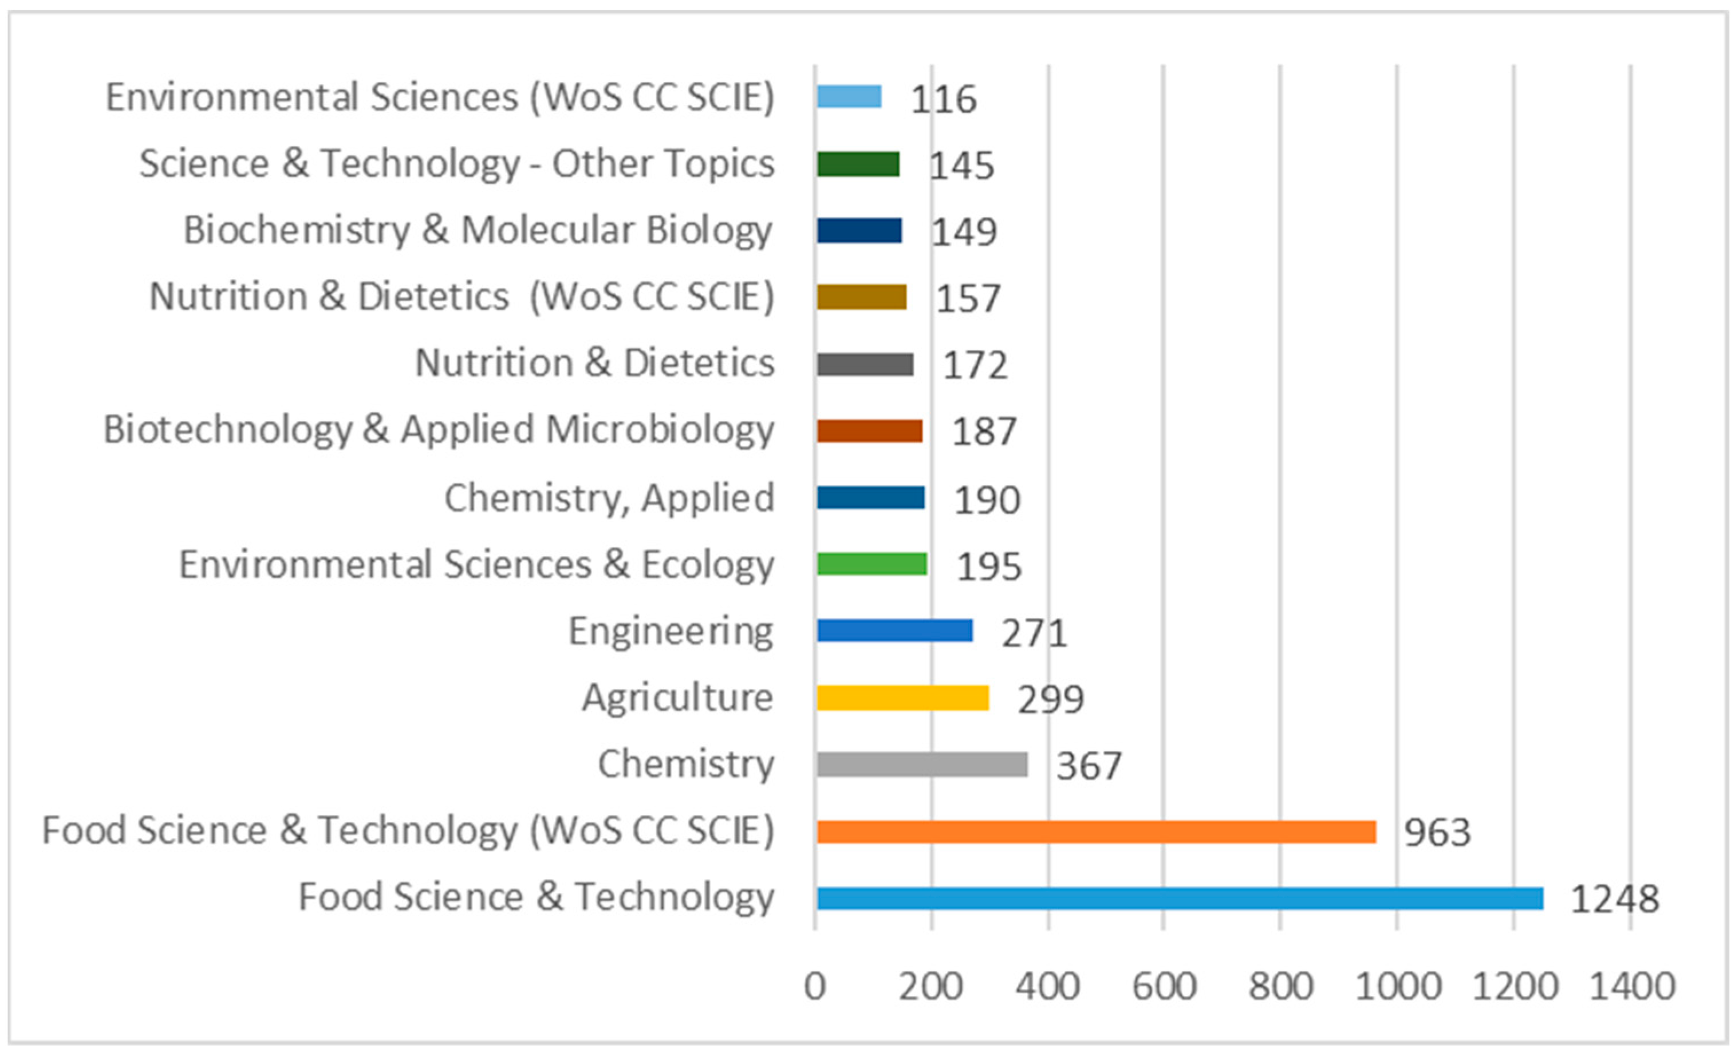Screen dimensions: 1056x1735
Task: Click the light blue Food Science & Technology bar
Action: pyautogui.click(x=1180, y=899)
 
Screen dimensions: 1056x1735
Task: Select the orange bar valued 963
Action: pyautogui.click(x=1097, y=832)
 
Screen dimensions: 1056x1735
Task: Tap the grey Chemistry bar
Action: pyautogui.click(x=922, y=765)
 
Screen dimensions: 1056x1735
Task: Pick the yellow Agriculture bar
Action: pyautogui.click(x=902, y=698)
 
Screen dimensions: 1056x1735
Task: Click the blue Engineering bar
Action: pyautogui.click(x=895, y=631)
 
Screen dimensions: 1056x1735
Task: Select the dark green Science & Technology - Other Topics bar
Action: pyautogui.click(x=858, y=164)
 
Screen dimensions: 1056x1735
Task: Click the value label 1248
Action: pyautogui.click(x=1615, y=900)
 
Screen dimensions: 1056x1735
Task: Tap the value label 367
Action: pyautogui.click(x=1089, y=766)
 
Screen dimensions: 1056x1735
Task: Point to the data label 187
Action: pyautogui.click(x=984, y=432)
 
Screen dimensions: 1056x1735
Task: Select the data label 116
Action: pyautogui.click(x=944, y=99)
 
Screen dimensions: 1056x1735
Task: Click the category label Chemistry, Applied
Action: pyautogui.click(x=609, y=498)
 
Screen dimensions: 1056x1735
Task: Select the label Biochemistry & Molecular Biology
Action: pyautogui.click(x=478, y=230)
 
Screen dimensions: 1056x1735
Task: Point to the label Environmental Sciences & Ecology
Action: pyautogui.click(x=476, y=565)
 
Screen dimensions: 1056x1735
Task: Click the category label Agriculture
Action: pyautogui.click(x=677, y=698)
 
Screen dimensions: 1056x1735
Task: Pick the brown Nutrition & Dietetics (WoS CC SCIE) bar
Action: pyautogui.click(x=861, y=297)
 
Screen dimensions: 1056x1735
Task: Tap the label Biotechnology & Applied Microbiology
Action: pyautogui.click(x=439, y=430)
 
